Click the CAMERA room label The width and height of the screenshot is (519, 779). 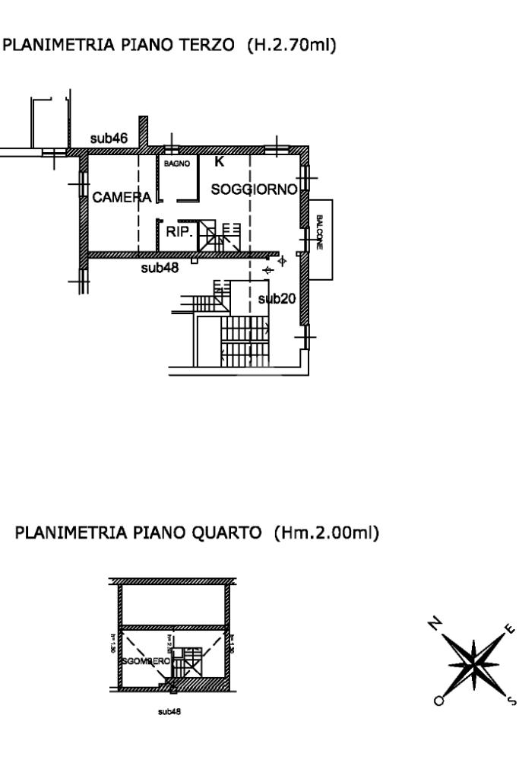point(122,198)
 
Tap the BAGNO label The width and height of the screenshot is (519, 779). point(177,163)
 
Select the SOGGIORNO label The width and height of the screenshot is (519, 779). point(253,189)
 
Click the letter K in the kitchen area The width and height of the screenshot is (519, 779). point(219,162)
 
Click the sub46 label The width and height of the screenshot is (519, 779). point(109,138)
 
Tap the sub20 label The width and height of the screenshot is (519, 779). point(277,299)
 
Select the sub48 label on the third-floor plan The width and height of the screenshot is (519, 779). point(160,268)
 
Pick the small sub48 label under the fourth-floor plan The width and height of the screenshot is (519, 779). point(169,713)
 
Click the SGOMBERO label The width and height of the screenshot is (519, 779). point(146,663)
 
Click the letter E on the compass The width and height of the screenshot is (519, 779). point(509,629)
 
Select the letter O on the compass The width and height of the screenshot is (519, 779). point(438,700)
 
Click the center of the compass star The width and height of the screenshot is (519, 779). point(473,660)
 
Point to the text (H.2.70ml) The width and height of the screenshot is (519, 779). point(292,46)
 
